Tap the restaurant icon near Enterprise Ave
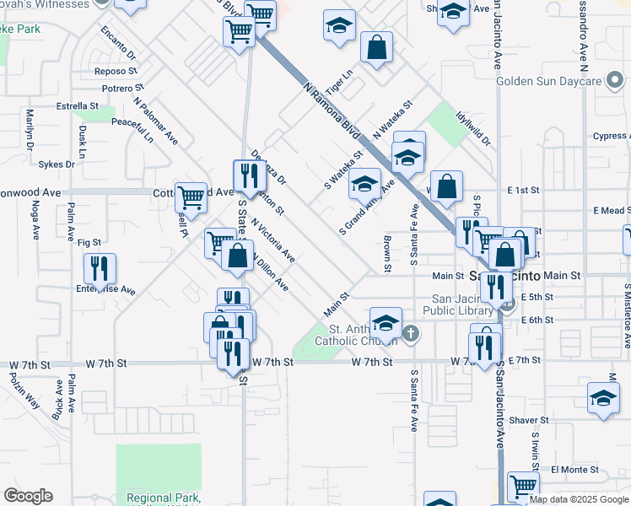click(x=100, y=269)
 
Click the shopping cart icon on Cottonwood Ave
click(x=191, y=197)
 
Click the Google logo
click(x=28, y=495)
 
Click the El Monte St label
click(x=574, y=469)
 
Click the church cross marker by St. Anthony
click(x=410, y=334)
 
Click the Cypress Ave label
click(x=610, y=136)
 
